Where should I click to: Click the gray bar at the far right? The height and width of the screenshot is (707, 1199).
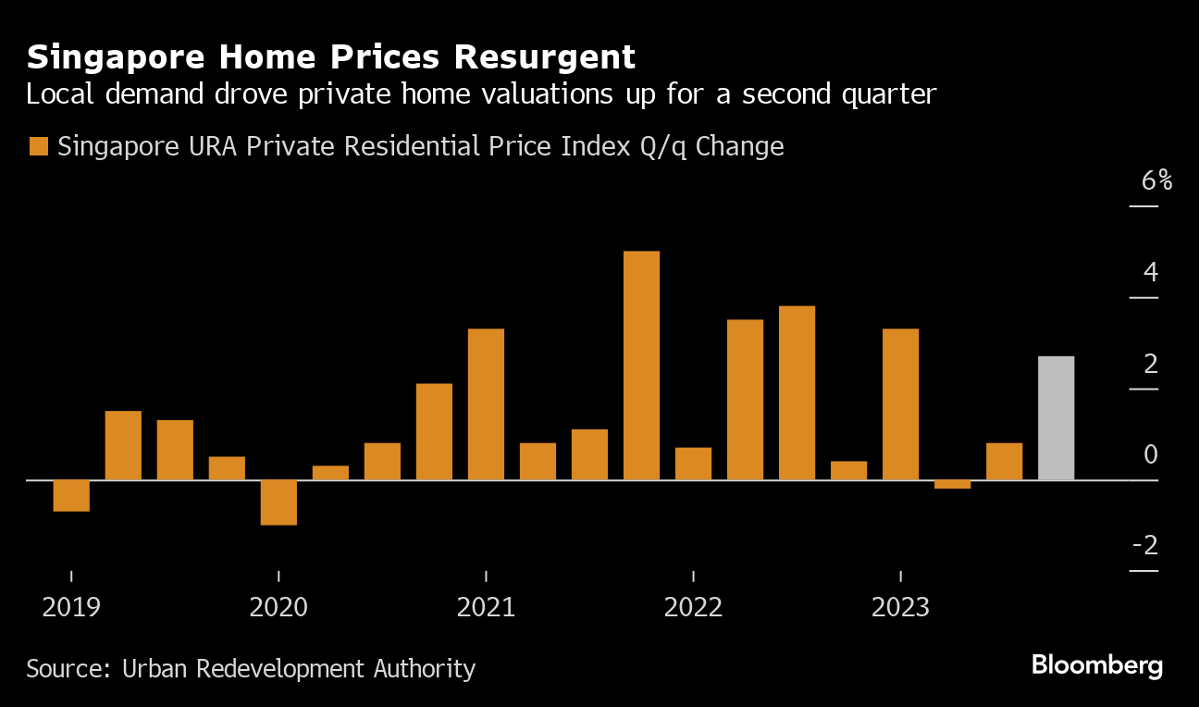(x=1056, y=418)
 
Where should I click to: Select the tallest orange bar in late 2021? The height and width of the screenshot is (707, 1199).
(x=641, y=366)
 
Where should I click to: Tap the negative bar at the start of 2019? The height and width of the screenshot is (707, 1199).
(x=71, y=496)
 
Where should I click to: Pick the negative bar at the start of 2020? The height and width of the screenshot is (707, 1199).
(x=278, y=502)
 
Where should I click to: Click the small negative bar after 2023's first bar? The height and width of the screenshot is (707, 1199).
(x=952, y=484)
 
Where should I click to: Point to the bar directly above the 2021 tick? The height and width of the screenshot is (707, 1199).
(x=486, y=404)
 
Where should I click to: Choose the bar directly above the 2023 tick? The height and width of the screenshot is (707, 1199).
(x=900, y=404)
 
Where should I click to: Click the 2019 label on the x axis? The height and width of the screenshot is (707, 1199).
(x=71, y=608)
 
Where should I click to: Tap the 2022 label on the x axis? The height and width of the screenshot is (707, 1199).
(x=693, y=608)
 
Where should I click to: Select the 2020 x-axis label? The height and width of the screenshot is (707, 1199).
(x=278, y=608)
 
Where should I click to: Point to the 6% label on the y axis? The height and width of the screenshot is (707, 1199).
(x=1156, y=180)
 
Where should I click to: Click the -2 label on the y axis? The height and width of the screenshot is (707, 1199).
(x=1145, y=546)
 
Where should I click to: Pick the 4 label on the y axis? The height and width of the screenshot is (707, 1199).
(x=1150, y=273)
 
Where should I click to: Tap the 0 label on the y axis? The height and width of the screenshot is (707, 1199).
(x=1150, y=454)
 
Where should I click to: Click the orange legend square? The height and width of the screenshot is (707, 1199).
(x=38, y=147)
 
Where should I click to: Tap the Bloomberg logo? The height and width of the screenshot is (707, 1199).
(x=1096, y=665)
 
